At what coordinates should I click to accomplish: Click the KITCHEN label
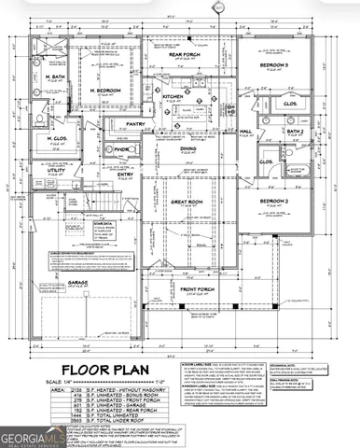(173, 96)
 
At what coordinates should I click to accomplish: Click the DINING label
(187, 148)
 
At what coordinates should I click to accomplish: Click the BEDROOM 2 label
(276, 201)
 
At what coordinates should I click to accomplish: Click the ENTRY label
(125, 174)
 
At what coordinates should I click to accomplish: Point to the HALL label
(246, 131)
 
